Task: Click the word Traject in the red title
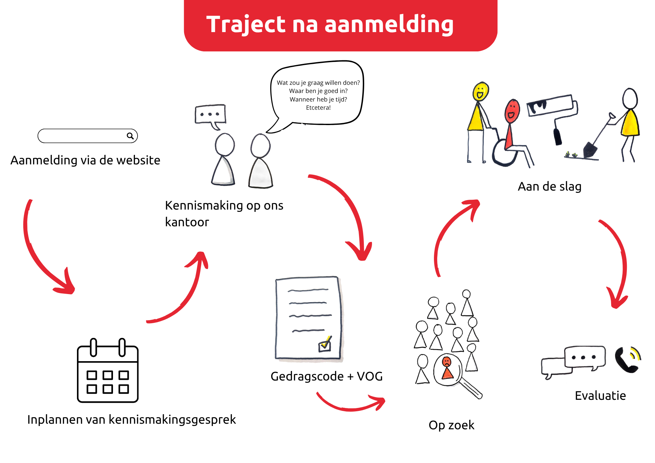click(246, 25)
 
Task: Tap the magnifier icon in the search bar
click(130, 136)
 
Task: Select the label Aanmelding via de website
click(85, 160)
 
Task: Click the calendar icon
click(108, 370)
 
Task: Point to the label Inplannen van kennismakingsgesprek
click(131, 420)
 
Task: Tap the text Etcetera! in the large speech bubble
click(318, 108)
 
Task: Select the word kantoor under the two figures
click(187, 222)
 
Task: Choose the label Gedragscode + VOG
click(327, 377)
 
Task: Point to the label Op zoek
click(451, 425)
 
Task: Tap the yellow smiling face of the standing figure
click(481, 91)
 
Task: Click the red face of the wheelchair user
click(512, 111)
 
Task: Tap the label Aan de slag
click(550, 187)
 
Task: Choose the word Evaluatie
click(600, 396)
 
